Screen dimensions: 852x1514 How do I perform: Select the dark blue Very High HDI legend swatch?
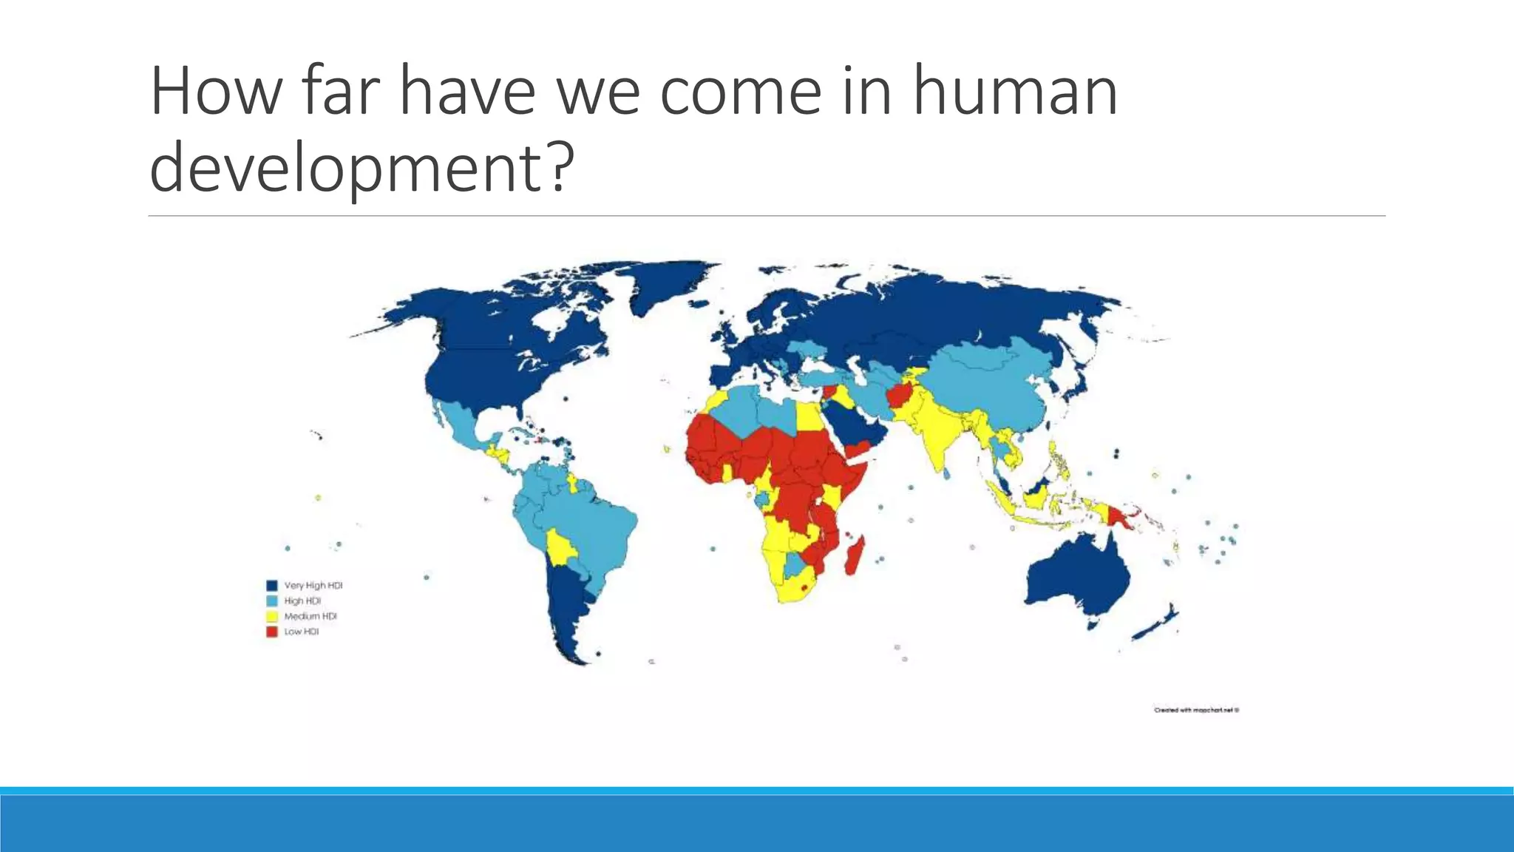(271, 586)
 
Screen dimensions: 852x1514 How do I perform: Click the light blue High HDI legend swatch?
(271, 601)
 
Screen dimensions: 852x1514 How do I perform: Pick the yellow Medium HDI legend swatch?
(271, 616)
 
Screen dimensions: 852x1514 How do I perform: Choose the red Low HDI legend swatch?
(271, 632)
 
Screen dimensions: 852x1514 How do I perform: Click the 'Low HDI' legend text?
(302, 632)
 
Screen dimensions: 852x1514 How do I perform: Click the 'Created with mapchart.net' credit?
(1196, 710)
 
